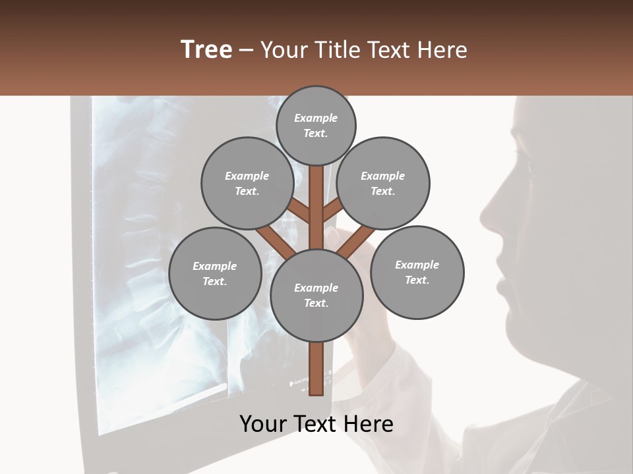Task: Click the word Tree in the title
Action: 206,50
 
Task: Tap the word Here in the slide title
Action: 441,50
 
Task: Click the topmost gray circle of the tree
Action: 316,125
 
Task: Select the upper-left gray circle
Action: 247,183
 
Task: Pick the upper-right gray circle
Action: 383,183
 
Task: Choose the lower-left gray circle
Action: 215,273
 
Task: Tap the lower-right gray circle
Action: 417,272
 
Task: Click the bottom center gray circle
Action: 316,295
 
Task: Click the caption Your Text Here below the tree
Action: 316,424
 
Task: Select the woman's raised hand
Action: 359,323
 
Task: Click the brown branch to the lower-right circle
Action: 356,242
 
